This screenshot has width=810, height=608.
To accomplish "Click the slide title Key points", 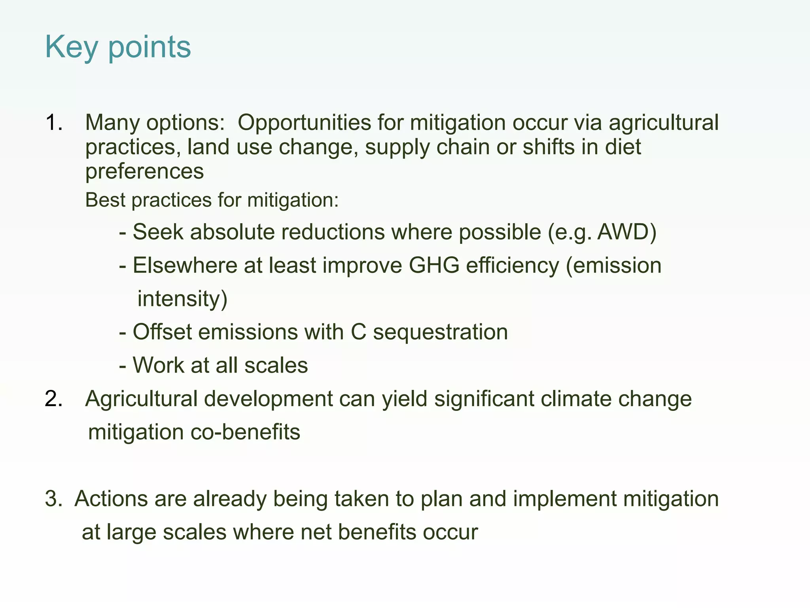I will (x=118, y=47).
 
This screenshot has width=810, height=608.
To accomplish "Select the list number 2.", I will (x=53, y=399).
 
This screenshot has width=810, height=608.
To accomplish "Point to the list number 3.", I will (x=53, y=498).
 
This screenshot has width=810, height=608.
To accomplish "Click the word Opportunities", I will (x=304, y=123).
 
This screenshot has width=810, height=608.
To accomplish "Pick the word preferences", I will (x=144, y=171).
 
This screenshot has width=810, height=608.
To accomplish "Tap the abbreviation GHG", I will (x=434, y=265).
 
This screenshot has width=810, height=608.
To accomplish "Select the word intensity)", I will (x=182, y=299).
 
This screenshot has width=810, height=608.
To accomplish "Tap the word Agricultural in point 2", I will (x=141, y=399).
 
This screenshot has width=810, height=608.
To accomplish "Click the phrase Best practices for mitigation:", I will (x=212, y=200).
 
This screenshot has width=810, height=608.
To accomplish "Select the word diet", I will (x=623, y=147).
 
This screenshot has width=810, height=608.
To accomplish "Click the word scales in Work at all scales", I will (x=276, y=365).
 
